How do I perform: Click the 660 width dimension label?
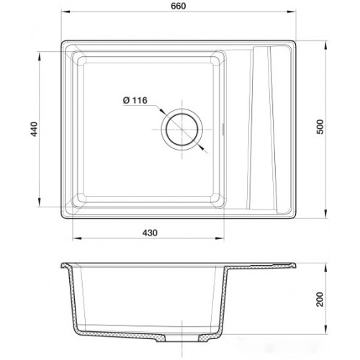click(178, 6)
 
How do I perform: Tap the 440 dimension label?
click(34, 129)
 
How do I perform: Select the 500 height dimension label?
click(320, 127)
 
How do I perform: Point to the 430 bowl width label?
click(150, 233)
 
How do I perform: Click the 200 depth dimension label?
click(320, 299)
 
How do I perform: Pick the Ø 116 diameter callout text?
click(135, 100)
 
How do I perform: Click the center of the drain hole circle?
click(182, 130)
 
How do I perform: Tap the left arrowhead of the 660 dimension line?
click(66, 12)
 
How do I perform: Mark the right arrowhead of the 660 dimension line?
click(292, 12)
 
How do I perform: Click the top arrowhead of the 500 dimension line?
click(326, 45)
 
